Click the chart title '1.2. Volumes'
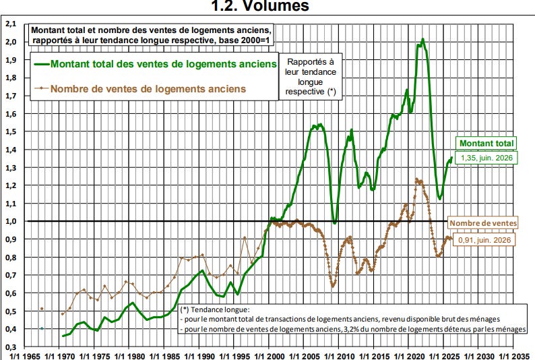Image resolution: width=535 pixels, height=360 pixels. [x=260, y=6]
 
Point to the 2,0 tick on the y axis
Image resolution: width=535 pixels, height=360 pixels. [x=11, y=42]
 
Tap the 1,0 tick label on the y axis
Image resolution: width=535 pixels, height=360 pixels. [x=11, y=221]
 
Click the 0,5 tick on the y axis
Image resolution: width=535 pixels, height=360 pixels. [x=11, y=311]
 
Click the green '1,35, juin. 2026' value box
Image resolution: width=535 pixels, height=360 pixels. [x=486, y=158]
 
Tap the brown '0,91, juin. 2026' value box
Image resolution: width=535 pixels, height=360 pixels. [x=484, y=240]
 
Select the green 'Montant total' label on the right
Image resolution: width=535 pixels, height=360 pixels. [x=486, y=144]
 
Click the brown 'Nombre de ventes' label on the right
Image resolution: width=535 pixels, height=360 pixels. [x=483, y=223]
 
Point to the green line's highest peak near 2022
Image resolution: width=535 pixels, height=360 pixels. [x=422, y=39]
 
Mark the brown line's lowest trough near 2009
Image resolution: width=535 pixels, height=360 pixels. [x=333, y=286]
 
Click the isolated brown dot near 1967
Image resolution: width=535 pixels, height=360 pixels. [x=42, y=309]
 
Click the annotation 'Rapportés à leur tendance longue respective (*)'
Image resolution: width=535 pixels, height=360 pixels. [x=311, y=77]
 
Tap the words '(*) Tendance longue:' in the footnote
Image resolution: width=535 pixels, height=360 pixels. [x=215, y=310]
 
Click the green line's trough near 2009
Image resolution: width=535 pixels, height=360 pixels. [x=335, y=223]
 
